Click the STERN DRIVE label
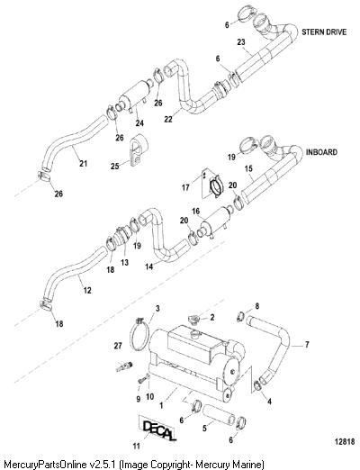(x=324, y=32)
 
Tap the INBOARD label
(x=321, y=152)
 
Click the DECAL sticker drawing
(x=157, y=429)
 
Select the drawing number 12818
(x=345, y=441)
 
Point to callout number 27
(x=118, y=346)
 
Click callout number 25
(x=115, y=166)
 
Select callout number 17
(x=185, y=187)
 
